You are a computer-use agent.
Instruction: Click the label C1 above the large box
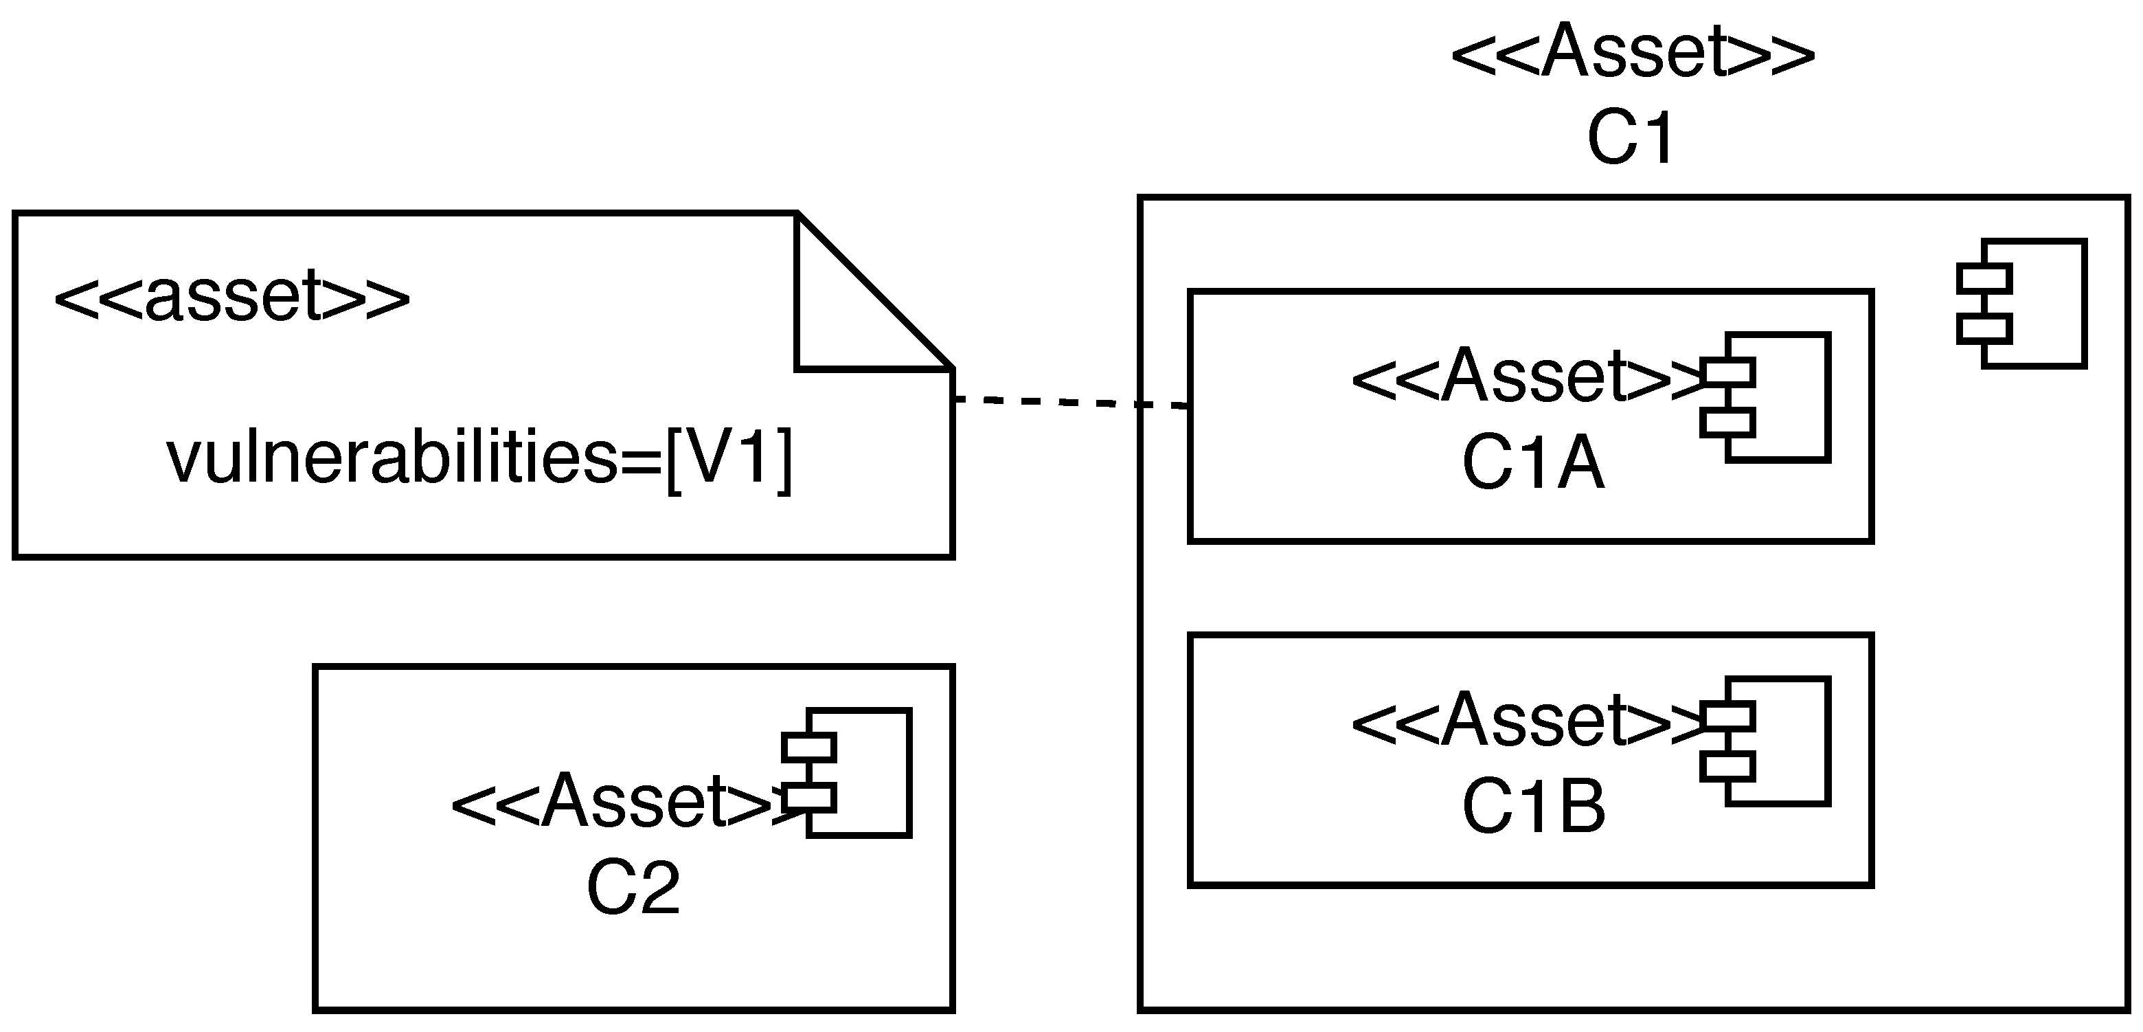pyautogui.click(x=1631, y=139)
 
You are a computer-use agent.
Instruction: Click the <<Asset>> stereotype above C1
pyautogui.click(x=1632, y=52)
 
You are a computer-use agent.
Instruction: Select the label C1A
pyautogui.click(x=1533, y=464)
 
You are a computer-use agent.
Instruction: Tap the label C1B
pyautogui.click(x=1533, y=808)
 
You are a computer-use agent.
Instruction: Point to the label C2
pyautogui.click(x=633, y=890)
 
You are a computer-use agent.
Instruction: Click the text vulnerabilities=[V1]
pyautogui.click(x=480, y=458)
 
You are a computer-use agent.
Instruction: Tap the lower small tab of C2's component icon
pyautogui.click(x=808, y=797)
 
